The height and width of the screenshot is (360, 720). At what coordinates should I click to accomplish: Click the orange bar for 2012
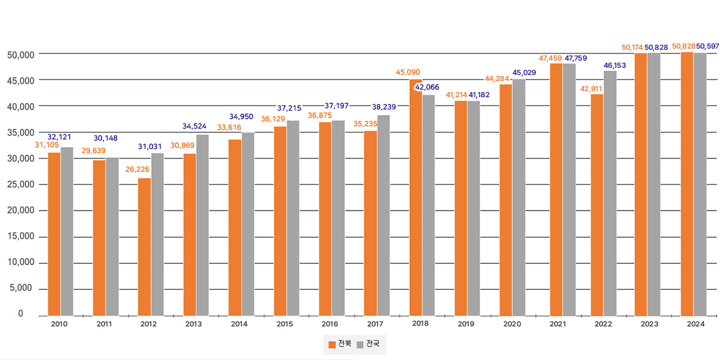pos(144,246)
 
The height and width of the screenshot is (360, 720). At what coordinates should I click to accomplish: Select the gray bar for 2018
pos(428,205)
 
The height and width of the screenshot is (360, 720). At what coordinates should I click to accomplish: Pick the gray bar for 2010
pos(67,231)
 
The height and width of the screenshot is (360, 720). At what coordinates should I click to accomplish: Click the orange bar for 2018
pos(416,197)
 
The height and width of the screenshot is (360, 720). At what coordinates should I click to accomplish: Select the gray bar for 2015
pos(293,217)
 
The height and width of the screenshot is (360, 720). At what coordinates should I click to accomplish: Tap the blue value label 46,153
pos(614,65)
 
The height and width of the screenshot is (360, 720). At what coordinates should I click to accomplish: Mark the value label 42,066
pos(427,88)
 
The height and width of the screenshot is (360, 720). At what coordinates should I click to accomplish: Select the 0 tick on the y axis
pos(20,314)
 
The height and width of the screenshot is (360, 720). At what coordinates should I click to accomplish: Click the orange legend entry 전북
pos(340,344)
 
